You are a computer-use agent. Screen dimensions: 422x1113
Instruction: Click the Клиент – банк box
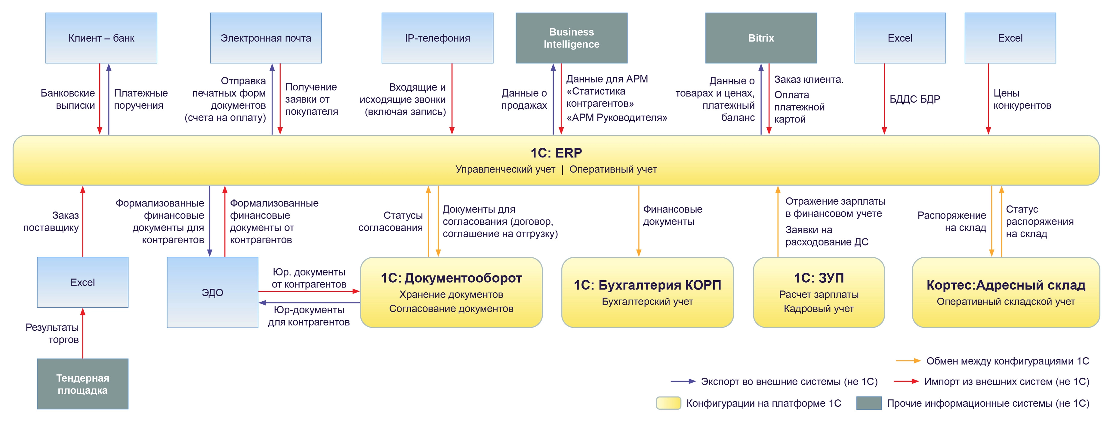pyautogui.click(x=101, y=38)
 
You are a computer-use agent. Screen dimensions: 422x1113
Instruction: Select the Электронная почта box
pyautogui.click(x=266, y=38)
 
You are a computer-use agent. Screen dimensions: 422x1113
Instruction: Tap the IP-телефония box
pyautogui.click(x=437, y=38)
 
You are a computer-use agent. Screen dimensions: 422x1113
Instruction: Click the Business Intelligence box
pyautogui.click(x=571, y=38)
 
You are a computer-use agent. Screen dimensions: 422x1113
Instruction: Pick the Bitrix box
pyautogui.click(x=761, y=38)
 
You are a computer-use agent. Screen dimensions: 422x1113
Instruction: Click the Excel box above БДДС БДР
pyautogui.click(x=900, y=38)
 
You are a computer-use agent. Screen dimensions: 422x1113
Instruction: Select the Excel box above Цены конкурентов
pyautogui.click(x=1010, y=38)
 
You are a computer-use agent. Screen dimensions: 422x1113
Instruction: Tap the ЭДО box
pyautogui.click(x=213, y=293)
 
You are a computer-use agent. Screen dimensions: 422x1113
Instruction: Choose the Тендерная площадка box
pyautogui.click(x=82, y=384)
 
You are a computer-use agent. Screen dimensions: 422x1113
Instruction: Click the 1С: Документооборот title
pyautogui.click(x=451, y=278)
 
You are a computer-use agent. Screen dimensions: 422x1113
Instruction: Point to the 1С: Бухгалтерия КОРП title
pyautogui.click(x=647, y=285)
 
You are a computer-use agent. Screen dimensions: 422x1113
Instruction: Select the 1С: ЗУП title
pyautogui.click(x=819, y=278)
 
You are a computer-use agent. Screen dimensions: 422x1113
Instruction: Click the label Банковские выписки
pyautogui.click(x=68, y=99)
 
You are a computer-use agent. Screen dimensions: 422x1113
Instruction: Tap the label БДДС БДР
pyautogui.click(x=915, y=99)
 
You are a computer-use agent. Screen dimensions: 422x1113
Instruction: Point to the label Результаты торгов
pyautogui.click(x=52, y=334)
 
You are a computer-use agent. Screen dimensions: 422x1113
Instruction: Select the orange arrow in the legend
pyautogui.click(x=908, y=361)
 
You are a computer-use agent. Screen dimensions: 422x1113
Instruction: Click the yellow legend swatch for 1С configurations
pyautogui.click(x=668, y=403)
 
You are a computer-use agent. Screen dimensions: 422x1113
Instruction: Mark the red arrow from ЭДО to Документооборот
pyautogui.click(x=309, y=291)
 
